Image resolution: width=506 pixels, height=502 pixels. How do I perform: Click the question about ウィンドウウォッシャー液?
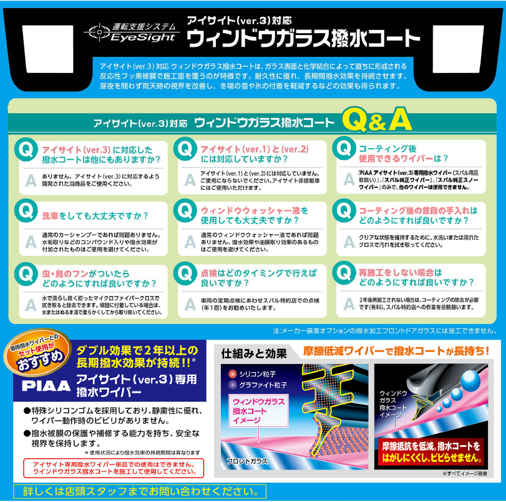[254, 215]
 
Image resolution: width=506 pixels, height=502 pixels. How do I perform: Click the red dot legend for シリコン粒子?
[231, 373]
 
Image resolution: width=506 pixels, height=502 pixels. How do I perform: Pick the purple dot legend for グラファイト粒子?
[231, 384]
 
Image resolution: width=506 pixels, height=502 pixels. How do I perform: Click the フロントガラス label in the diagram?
[246, 461]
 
